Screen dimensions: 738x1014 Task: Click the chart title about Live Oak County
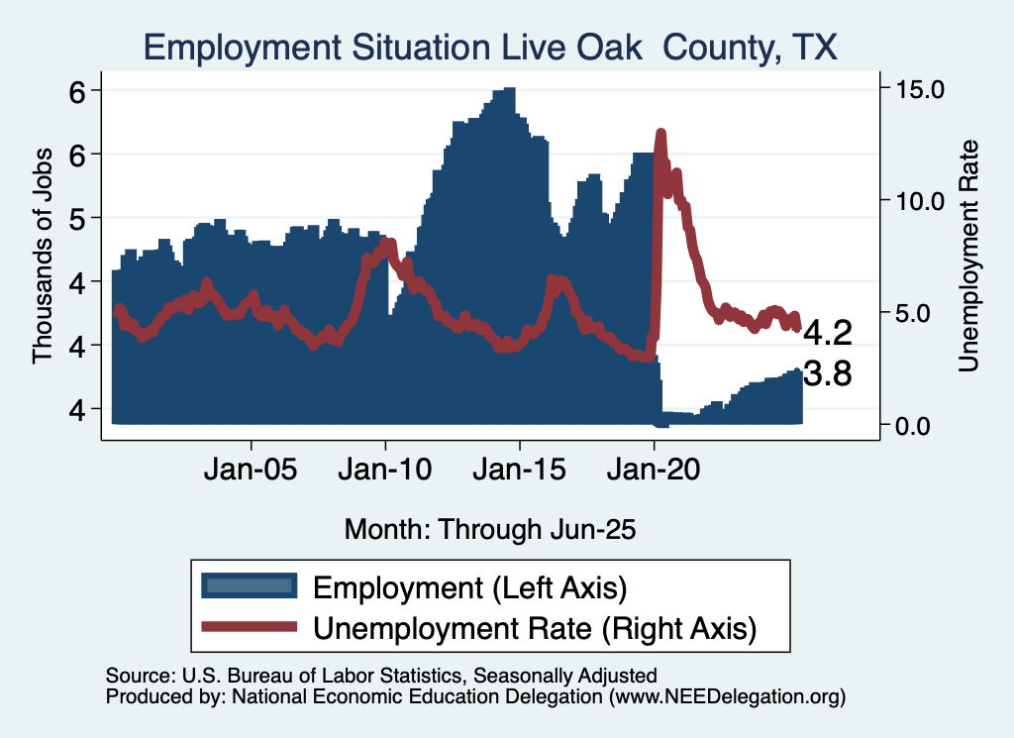[x=490, y=48]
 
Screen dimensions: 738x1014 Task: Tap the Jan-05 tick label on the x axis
[x=252, y=469]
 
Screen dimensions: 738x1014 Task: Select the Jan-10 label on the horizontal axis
[x=386, y=469]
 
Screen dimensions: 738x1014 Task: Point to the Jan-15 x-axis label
[x=520, y=469]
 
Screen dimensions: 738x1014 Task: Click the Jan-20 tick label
[x=655, y=469]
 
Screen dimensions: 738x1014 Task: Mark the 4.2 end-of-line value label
[x=827, y=331]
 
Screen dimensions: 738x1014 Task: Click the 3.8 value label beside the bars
[x=827, y=374]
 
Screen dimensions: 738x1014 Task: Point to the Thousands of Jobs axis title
[x=43, y=250]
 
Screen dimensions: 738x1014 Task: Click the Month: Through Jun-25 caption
[x=489, y=529]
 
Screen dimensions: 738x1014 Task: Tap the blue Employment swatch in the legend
[x=249, y=586]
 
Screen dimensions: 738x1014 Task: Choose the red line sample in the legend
[x=249, y=627]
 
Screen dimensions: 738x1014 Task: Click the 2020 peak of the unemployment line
[x=660, y=134]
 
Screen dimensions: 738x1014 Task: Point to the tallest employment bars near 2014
[x=506, y=90]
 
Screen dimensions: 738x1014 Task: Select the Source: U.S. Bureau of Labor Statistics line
[x=381, y=676]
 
